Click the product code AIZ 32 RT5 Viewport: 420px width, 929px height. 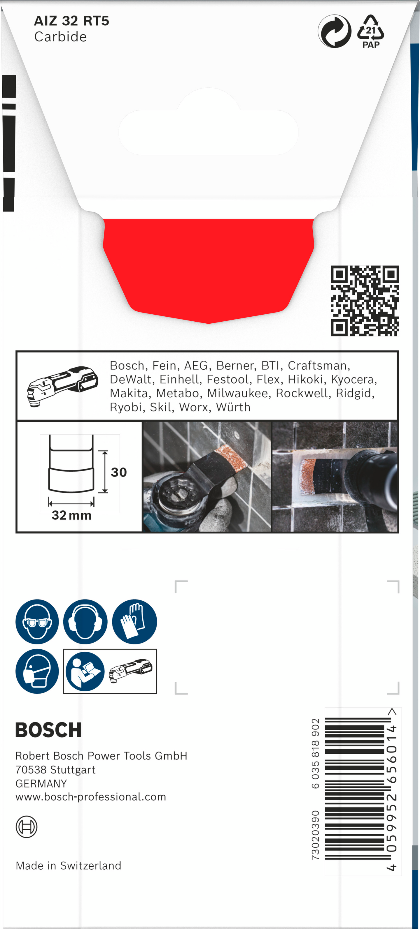tap(71, 21)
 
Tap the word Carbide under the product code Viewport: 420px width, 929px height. tap(60, 37)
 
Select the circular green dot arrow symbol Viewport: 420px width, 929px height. tap(335, 31)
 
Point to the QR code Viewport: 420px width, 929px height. tap(365, 301)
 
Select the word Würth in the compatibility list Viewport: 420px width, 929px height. tap(233, 407)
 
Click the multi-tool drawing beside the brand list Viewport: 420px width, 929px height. tap(62, 386)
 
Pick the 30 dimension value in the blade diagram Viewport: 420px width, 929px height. tap(119, 472)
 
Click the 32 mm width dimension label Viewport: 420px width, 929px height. tap(71, 515)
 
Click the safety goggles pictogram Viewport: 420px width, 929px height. tap(37, 621)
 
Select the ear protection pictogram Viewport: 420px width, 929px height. tap(85, 621)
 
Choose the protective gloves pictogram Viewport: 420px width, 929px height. tap(134, 621)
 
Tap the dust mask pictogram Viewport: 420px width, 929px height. tap(37, 671)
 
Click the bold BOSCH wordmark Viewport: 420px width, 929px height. tap(48, 730)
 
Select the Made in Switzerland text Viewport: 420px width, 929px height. tap(68, 865)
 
